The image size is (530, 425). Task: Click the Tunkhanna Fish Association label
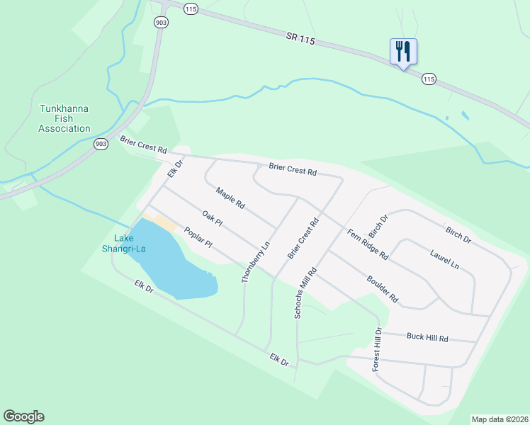click(64, 119)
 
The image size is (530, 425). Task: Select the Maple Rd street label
click(230, 198)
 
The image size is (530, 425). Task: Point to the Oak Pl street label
click(212, 218)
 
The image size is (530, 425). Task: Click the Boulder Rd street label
click(383, 289)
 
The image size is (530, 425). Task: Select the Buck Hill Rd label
click(427, 337)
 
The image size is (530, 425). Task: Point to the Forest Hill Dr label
click(378, 350)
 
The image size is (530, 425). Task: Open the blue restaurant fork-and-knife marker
click(403, 52)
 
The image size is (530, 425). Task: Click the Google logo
click(23, 416)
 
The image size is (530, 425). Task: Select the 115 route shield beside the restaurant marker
click(428, 79)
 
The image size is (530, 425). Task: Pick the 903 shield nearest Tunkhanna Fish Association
click(101, 144)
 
